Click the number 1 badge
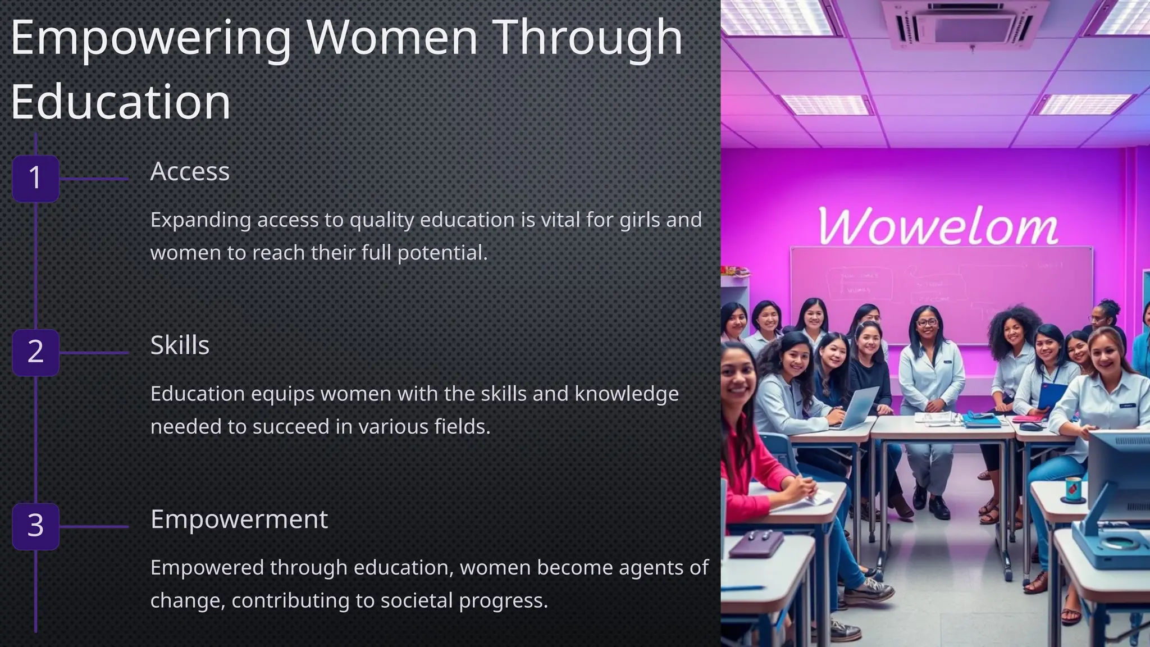coord(35,178)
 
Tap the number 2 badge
coord(35,352)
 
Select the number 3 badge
coord(35,526)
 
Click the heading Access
coord(190,171)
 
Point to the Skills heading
coord(180,345)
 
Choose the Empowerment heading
coord(239,519)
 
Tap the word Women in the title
coord(392,37)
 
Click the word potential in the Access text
coord(441,253)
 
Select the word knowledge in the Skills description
coord(627,394)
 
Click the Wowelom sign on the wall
coord(937,226)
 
